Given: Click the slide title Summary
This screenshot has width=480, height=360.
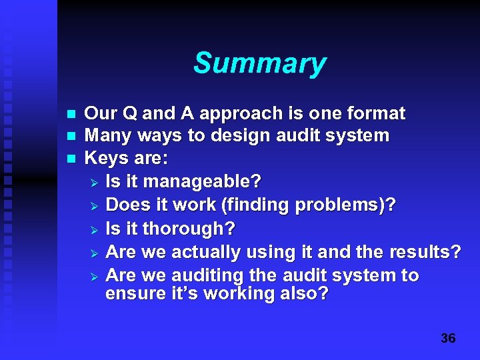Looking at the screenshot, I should click(259, 64).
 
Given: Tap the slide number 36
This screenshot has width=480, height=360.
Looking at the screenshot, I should click(448, 339).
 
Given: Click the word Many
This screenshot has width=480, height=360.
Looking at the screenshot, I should click(109, 136).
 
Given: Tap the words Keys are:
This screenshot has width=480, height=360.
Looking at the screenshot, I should click(127, 159).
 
